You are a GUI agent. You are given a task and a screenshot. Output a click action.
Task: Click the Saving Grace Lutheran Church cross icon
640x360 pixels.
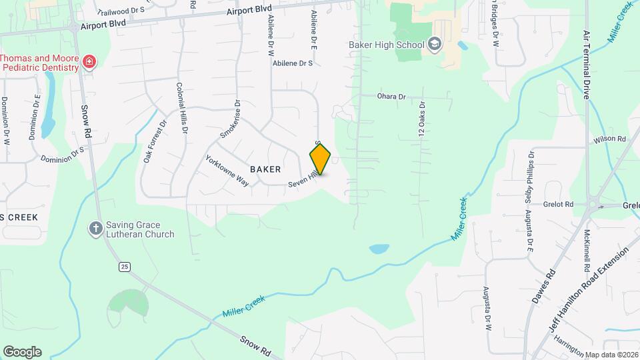[x=96, y=229]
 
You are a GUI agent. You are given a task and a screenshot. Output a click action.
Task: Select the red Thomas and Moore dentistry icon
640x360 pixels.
[x=89, y=63]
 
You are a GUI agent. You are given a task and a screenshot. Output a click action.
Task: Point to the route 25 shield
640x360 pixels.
[x=124, y=267]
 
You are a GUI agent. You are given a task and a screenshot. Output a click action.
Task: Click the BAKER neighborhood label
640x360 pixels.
[x=265, y=169]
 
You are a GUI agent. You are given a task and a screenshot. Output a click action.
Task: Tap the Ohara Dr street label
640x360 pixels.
[x=391, y=97]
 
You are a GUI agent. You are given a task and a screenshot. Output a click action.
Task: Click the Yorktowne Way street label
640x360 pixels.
[x=227, y=171]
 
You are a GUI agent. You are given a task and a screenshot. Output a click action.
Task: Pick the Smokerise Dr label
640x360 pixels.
[x=229, y=120]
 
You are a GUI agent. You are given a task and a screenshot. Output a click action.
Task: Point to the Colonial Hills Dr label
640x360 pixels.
[x=181, y=109]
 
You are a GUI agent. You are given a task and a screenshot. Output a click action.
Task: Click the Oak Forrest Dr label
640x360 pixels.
[x=154, y=142]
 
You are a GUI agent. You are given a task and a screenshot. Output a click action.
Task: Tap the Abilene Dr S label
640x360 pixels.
[x=293, y=63]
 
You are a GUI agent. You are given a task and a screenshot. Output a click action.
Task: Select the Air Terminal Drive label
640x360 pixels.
[x=587, y=65]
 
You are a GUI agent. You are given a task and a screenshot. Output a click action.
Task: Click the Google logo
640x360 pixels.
[x=22, y=352]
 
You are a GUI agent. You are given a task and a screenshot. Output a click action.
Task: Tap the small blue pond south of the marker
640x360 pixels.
[x=379, y=249]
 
